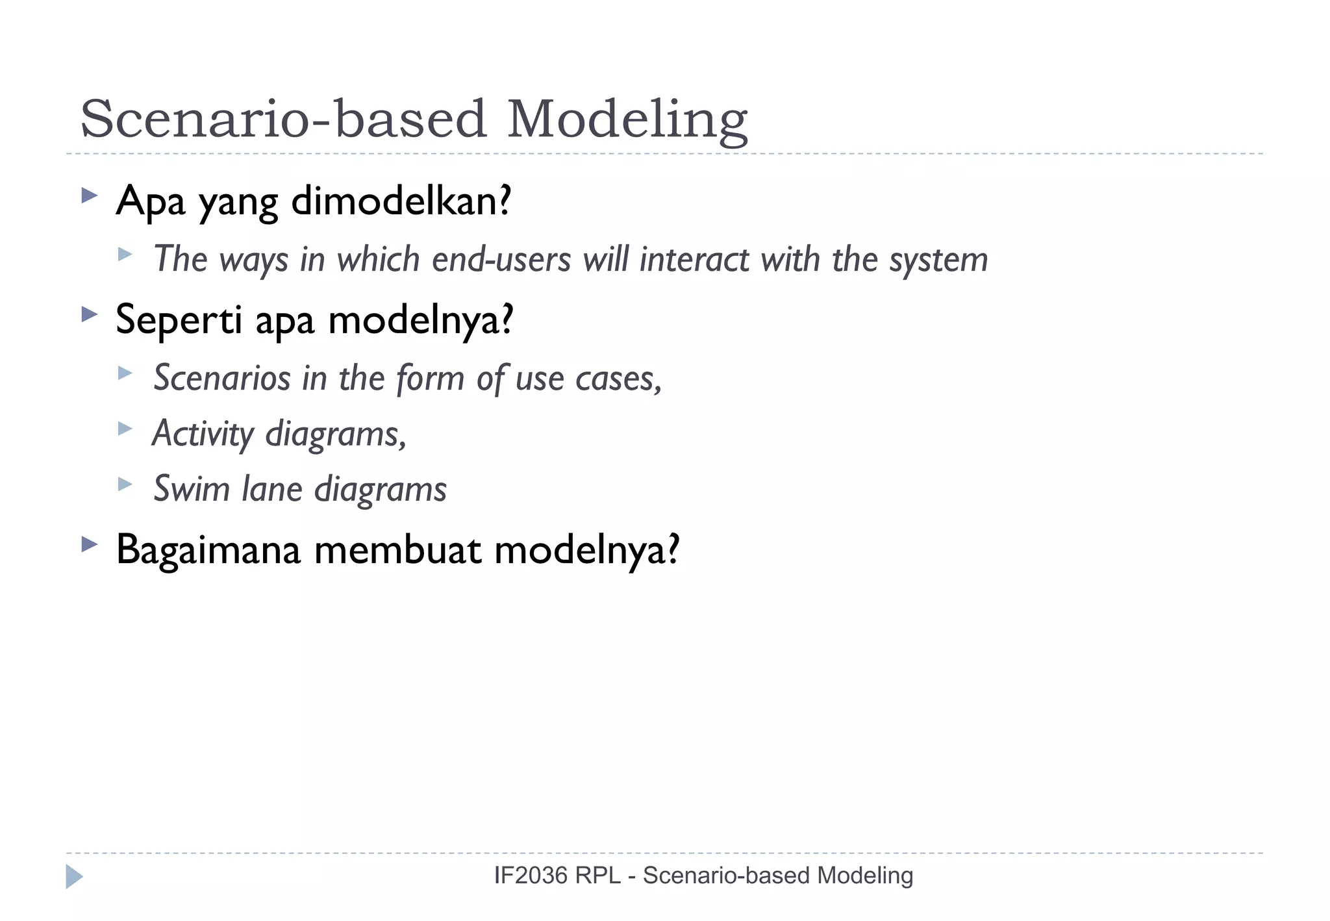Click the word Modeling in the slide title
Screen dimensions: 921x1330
[627, 120]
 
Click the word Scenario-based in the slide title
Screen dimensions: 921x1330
[283, 120]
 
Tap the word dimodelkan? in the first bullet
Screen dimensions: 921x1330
[401, 201]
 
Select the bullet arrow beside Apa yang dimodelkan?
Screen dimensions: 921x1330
[89, 195]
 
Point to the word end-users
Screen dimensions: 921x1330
[501, 260]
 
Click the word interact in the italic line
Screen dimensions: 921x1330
[694, 260]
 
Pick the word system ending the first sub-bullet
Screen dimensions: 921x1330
[938, 260]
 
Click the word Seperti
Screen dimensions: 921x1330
[179, 320]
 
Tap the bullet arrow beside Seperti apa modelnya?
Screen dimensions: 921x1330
[89, 315]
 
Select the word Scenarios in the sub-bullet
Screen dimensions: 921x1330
[221, 378]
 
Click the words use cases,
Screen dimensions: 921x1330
[588, 378]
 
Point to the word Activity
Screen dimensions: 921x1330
[203, 434]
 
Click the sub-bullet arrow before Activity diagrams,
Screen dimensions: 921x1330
[125, 428]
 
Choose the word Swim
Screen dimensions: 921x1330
[191, 489]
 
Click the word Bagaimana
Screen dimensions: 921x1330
[208, 550]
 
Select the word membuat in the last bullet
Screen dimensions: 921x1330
[397, 550]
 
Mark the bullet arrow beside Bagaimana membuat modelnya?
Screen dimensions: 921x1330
[89, 544]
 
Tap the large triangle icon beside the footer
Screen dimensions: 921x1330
[73, 876]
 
